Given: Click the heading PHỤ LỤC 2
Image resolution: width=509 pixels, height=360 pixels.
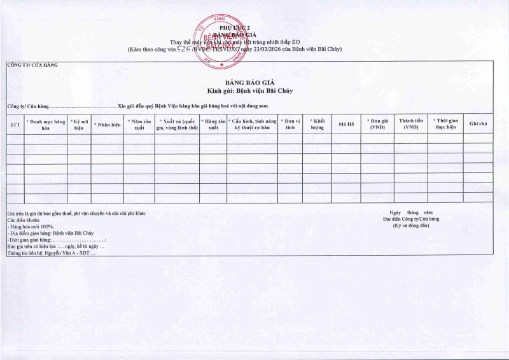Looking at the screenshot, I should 231,29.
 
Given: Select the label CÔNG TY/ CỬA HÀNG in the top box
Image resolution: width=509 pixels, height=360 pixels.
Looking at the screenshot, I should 32,65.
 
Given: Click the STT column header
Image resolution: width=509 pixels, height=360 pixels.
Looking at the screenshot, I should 15,125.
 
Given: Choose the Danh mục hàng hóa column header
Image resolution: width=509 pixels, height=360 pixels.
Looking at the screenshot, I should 46,124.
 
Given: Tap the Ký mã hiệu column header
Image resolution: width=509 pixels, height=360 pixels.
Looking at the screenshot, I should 79,124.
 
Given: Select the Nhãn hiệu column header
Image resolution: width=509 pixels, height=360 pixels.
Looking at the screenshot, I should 108,125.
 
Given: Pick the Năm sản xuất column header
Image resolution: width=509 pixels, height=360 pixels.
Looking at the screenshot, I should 139,124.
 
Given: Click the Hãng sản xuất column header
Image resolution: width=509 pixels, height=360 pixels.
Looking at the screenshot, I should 213,124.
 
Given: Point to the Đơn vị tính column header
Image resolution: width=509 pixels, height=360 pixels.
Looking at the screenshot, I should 290,124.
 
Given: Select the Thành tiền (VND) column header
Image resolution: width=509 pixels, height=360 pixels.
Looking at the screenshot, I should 410,124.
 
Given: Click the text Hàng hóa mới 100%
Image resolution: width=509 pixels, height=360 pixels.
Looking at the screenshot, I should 32,226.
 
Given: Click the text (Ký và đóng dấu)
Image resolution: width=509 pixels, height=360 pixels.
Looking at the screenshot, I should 411,225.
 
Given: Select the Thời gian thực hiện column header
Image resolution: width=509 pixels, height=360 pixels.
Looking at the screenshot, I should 445,124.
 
